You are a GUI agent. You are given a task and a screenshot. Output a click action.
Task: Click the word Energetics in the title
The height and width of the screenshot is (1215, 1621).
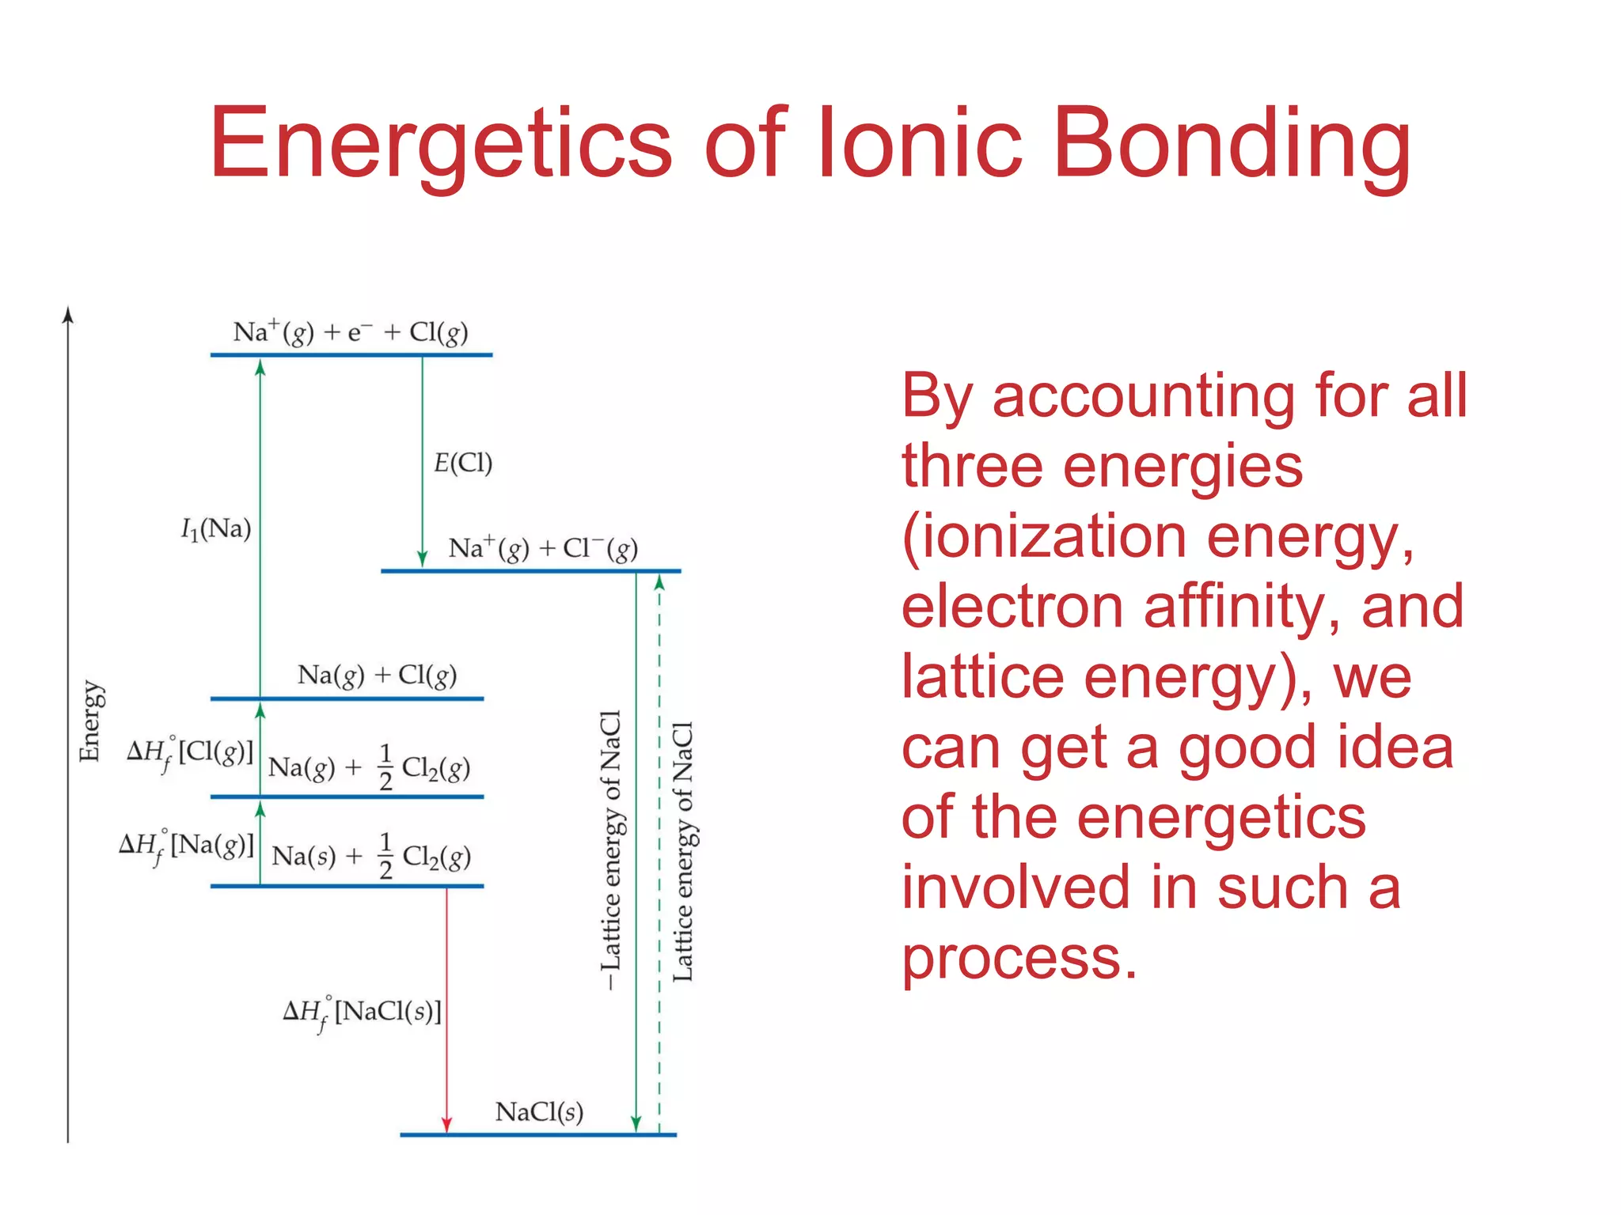pos(440,144)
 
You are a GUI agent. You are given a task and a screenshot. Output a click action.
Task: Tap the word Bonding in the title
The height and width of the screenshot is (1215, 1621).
pos(1232,144)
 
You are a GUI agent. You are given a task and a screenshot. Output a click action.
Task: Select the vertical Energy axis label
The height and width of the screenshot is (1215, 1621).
pos(90,721)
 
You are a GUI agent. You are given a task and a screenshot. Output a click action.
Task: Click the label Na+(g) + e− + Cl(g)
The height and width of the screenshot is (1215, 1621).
pos(350,332)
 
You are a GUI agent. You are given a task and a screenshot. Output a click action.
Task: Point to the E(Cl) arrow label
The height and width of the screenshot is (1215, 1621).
pos(463,463)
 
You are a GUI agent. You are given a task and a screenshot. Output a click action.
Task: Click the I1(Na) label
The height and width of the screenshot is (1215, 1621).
pos(216,528)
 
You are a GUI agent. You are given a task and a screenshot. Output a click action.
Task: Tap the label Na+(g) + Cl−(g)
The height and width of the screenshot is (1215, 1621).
pos(543,548)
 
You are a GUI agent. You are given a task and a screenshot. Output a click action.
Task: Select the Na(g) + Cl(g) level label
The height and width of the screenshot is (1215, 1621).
pos(377,675)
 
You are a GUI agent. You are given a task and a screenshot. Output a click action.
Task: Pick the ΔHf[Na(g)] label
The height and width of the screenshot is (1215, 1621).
pos(187,846)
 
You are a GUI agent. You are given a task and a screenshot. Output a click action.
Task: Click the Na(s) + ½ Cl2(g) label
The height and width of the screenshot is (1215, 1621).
pos(370,856)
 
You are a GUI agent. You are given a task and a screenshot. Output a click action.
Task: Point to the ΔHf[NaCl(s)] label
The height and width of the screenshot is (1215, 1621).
pos(362,1013)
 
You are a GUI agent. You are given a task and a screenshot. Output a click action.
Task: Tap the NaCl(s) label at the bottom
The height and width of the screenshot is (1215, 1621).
pos(539,1112)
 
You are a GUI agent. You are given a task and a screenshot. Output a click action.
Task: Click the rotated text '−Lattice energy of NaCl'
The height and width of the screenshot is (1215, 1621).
pos(611,850)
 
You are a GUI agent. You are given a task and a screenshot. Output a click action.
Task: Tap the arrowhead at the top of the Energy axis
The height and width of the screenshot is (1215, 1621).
pos(68,315)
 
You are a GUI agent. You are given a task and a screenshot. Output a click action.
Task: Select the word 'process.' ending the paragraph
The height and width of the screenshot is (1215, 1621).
pos(1019,957)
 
